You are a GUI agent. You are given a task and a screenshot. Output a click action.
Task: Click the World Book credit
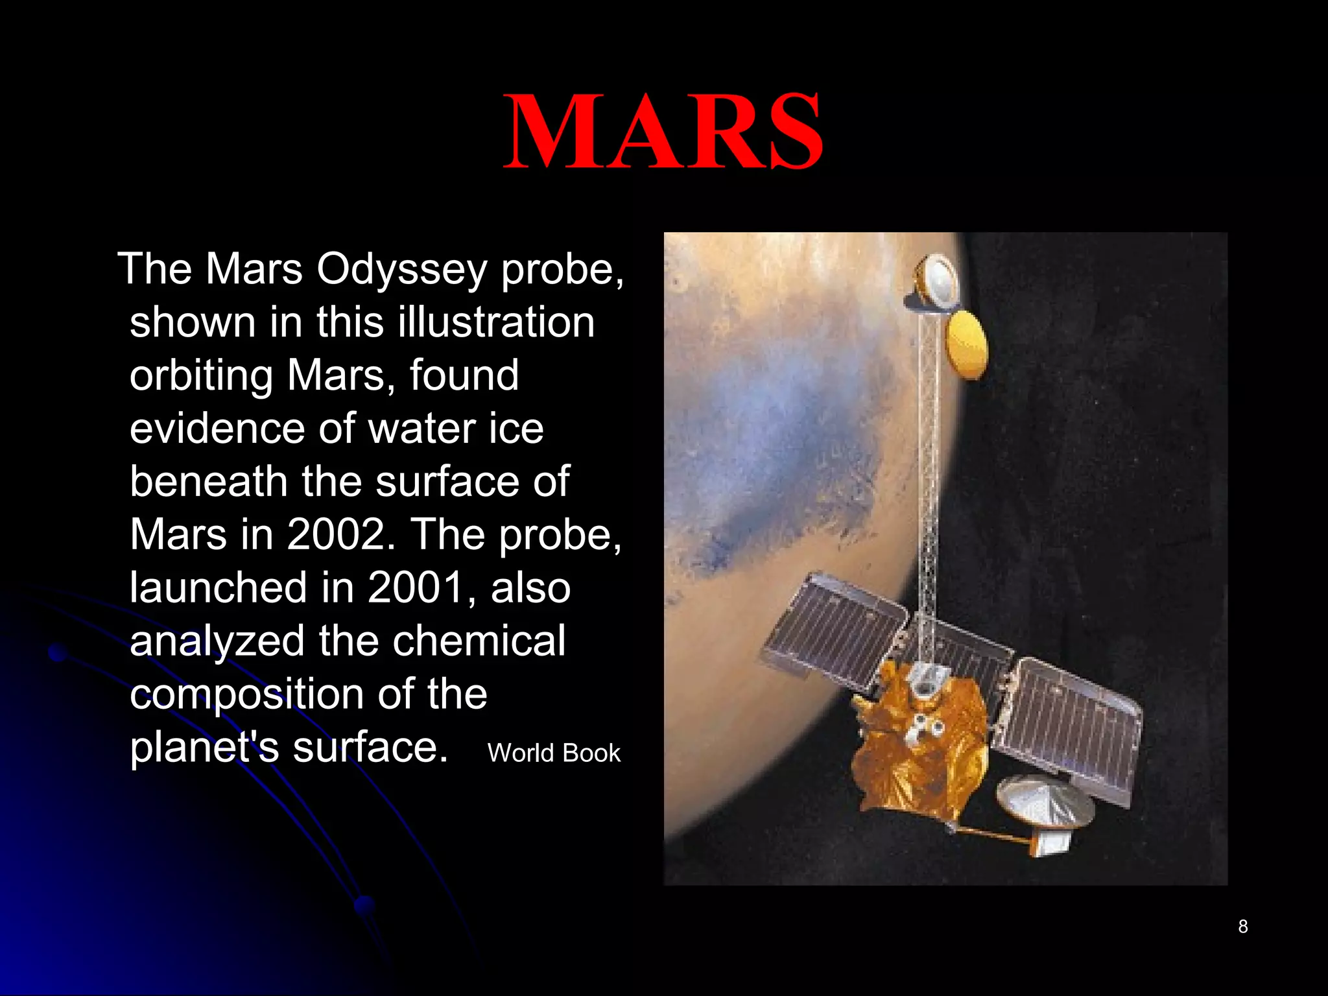(x=554, y=753)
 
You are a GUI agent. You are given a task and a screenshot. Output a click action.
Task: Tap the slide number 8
(x=1242, y=927)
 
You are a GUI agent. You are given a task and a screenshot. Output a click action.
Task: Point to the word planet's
(x=204, y=747)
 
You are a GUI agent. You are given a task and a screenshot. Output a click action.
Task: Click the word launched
(x=218, y=587)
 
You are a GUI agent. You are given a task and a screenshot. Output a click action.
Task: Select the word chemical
(x=479, y=641)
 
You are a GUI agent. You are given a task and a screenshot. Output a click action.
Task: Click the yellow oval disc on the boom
(x=967, y=344)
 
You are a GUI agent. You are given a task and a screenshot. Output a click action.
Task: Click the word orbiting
(x=201, y=376)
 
